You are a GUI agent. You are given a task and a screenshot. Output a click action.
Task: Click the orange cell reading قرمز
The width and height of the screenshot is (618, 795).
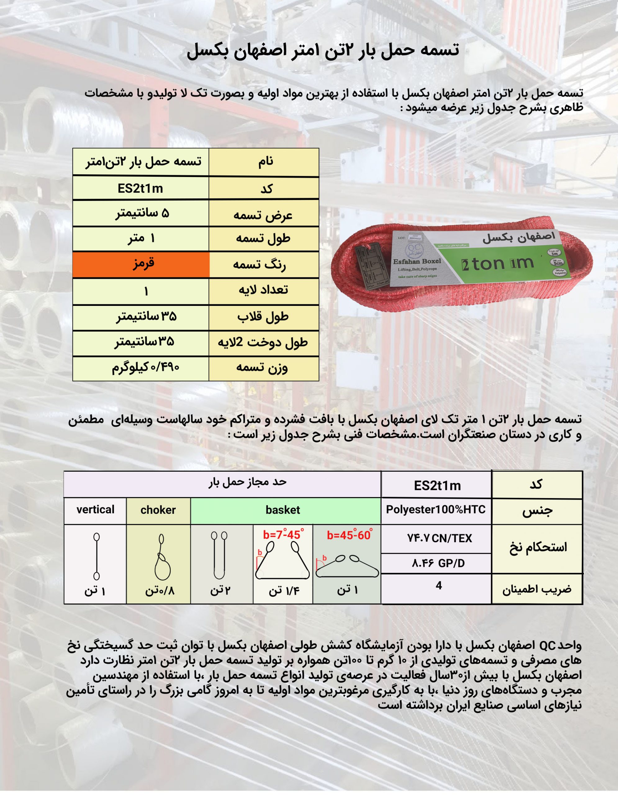tap(141, 264)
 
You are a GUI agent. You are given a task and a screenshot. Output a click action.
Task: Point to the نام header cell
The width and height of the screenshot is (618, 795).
tap(265, 161)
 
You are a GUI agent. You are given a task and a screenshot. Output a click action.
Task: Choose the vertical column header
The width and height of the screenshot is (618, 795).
tap(95, 510)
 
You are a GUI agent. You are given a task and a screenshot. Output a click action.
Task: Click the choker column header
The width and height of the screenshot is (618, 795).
tap(158, 510)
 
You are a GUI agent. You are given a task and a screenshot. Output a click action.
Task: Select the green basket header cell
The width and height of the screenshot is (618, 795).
tap(283, 510)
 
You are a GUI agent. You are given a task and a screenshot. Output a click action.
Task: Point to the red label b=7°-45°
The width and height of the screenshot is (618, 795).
tap(283, 535)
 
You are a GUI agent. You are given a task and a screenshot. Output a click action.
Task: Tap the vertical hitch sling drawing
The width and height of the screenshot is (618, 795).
tap(97, 556)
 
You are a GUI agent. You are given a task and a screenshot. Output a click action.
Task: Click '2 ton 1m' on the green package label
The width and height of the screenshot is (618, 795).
tap(497, 263)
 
